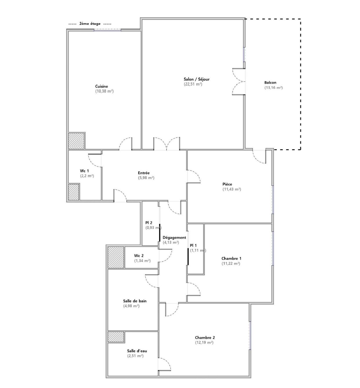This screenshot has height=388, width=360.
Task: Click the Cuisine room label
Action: [x=102, y=86]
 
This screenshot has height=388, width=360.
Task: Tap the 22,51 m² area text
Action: [x=193, y=84]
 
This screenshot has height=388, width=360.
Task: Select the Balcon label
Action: [x=270, y=82]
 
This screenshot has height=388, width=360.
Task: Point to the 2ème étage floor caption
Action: [x=90, y=24]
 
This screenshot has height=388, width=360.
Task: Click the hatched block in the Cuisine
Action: [x=76, y=141]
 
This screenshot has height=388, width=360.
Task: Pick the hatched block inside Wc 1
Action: [x=73, y=192]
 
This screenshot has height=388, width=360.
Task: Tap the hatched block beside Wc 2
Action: [x=116, y=257]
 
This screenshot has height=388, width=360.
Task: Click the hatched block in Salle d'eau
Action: [x=116, y=337]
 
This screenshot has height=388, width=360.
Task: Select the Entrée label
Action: [x=144, y=173]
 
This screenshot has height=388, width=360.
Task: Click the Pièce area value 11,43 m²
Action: [x=231, y=189]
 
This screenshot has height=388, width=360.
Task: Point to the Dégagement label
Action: [x=174, y=237]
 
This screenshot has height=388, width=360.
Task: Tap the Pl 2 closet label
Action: [x=149, y=222]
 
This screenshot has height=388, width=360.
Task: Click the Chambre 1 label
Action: [x=231, y=258]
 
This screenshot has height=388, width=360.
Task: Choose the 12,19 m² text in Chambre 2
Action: [x=204, y=342]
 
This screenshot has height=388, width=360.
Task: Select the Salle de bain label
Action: [x=135, y=301]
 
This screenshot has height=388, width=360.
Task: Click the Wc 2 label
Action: [x=139, y=255]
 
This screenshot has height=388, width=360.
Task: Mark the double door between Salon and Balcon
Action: [x=239, y=81]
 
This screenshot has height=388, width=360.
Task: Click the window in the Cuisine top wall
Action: [x=107, y=30]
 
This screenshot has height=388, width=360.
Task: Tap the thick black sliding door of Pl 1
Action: [x=188, y=256]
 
